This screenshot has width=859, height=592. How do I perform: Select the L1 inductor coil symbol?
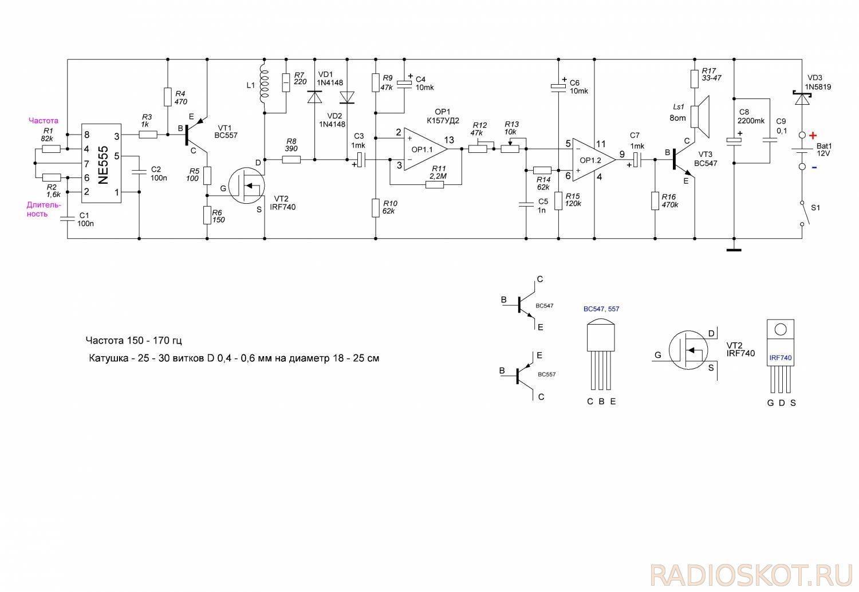coord(264,86)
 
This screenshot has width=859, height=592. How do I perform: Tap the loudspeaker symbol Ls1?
coord(700,117)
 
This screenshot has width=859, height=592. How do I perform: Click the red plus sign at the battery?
coord(813,135)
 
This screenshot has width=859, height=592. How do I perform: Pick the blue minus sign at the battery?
coord(814,168)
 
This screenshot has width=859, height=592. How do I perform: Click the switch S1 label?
coord(815,208)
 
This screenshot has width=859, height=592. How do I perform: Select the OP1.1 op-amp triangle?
coord(425,149)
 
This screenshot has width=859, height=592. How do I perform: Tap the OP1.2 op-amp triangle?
coord(594,160)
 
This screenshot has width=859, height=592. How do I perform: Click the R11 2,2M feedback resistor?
coord(435,185)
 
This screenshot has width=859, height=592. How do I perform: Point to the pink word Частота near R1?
coord(44,121)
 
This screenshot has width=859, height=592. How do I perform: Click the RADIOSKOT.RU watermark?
coord(751,575)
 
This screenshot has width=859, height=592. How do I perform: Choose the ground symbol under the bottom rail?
coord(734,250)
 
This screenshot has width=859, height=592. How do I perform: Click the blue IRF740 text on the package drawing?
coord(781,358)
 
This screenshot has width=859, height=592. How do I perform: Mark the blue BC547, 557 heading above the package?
coord(601,309)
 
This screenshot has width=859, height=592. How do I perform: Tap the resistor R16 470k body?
coord(655,200)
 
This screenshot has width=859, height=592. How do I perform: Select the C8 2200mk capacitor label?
coord(750,116)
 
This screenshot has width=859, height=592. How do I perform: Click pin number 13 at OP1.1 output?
coord(449,140)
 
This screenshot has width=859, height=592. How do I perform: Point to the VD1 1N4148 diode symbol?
coord(315,97)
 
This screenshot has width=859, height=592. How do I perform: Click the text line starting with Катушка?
coord(234,358)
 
